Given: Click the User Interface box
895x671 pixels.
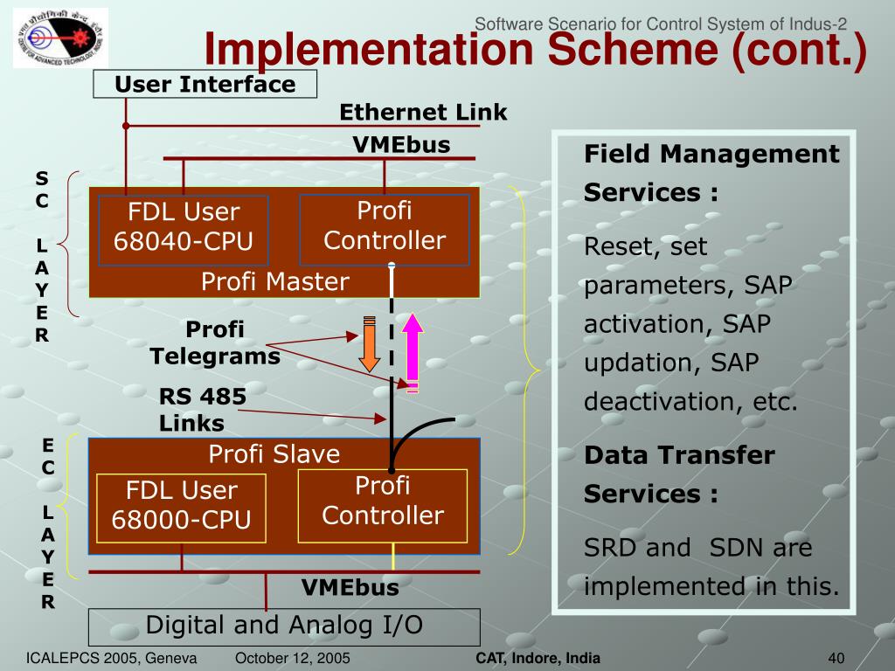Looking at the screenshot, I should [x=205, y=85].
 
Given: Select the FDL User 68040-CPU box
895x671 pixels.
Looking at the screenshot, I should [x=184, y=227].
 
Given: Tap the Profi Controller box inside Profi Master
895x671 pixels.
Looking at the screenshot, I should [x=385, y=227].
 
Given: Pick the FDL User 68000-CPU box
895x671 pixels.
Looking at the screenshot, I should [x=182, y=505].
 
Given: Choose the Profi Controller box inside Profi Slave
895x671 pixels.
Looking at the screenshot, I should [x=383, y=502].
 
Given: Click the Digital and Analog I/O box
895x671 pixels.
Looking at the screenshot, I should [x=284, y=626].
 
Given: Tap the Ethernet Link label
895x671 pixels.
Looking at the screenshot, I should [x=423, y=113].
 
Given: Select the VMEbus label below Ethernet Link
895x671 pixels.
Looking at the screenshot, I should [x=401, y=145].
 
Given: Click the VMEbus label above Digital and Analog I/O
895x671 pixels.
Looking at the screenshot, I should [x=350, y=588].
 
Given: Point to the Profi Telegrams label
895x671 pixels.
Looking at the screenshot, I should [x=215, y=343].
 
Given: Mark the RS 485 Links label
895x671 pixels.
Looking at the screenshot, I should [x=203, y=410].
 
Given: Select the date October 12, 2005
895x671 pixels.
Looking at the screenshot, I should [x=293, y=658].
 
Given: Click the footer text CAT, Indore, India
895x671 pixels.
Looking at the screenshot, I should [x=538, y=658].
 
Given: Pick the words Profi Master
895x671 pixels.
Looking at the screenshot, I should [x=274, y=281].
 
